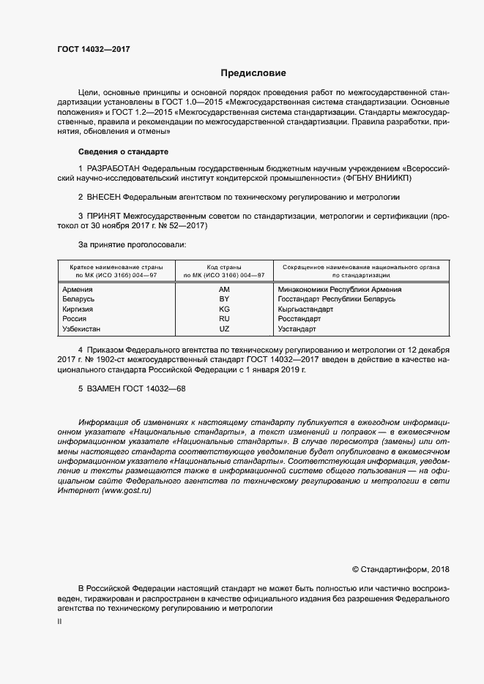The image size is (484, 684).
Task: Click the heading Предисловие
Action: [253, 73]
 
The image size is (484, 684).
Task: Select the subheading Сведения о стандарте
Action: [123, 151]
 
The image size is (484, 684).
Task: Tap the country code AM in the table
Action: [224, 290]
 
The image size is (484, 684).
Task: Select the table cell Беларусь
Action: [80, 299]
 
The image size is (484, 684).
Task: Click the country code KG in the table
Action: [224, 309]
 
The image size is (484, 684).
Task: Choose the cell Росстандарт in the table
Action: [299, 319]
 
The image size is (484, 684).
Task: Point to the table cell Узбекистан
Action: [84, 329]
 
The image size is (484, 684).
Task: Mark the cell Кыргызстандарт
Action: [305, 309]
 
